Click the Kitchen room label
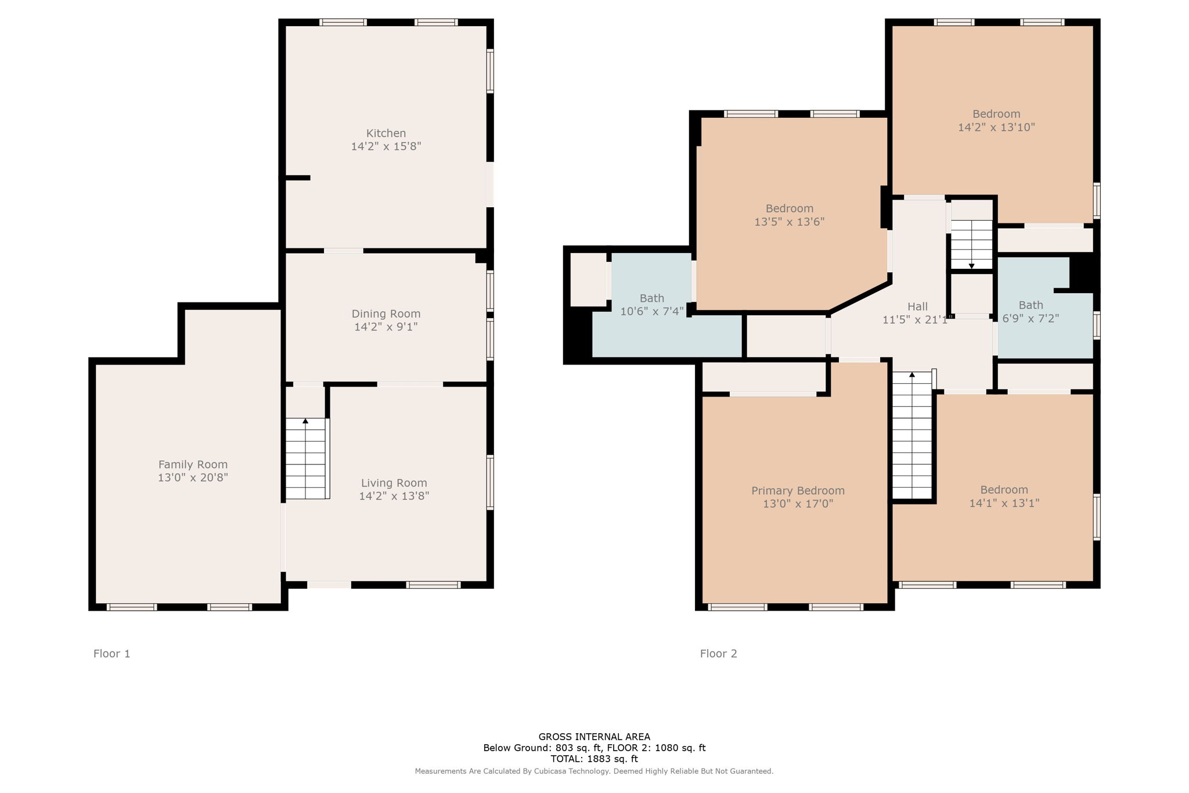[385, 133]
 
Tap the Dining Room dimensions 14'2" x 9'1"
[385, 327]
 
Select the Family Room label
[193, 464]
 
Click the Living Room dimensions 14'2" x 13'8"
[394, 496]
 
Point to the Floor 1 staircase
[306, 459]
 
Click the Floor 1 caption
[112, 654]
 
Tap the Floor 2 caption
[718, 654]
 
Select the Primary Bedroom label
[798, 491]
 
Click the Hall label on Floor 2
[917, 307]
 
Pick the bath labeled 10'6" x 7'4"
[651, 305]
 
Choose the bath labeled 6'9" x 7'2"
[1031, 312]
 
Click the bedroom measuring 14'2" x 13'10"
[996, 120]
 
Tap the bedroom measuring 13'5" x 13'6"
[789, 215]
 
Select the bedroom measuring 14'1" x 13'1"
[1004, 496]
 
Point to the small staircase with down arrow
[971, 244]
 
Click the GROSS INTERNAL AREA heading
[594, 737]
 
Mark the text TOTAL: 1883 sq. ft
[594, 759]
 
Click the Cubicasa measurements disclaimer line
[594, 772]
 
